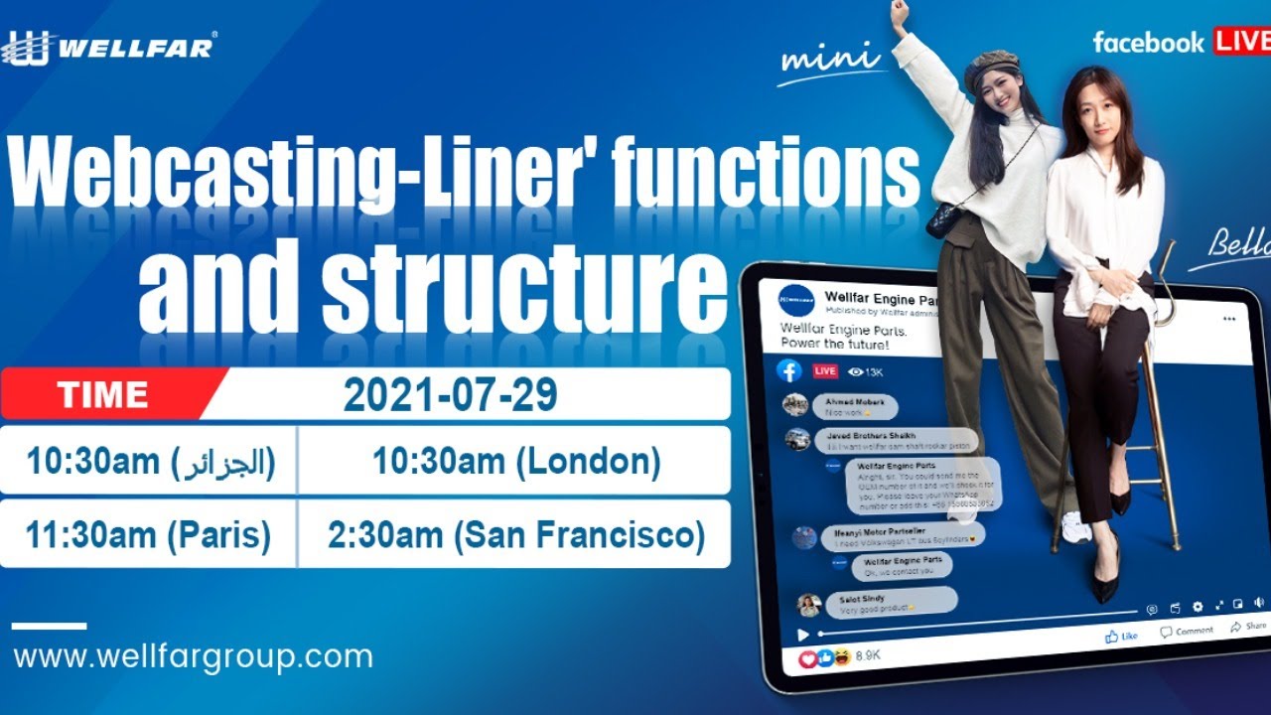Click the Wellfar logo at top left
pyautogui.click(x=109, y=47)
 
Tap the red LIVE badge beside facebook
pyautogui.click(x=1239, y=42)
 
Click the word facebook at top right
pyautogui.click(x=1148, y=43)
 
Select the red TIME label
pyautogui.click(x=103, y=394)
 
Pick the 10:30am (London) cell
pyautogui.click(x=516, y=462)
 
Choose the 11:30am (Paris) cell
pyautogui.click(x=148, y=535)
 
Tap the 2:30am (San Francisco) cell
pyautogui.click(x=516, y=535)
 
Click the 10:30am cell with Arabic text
pyautogui.click(x=150, y=462)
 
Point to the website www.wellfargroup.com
pyautogui.click(x=194, y=656)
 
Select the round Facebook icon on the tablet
pyautogui.click(x=789, y=370)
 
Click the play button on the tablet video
pyautogui.click(x=803, y=635)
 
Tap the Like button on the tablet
pyautogui.click(x=1121, y=636)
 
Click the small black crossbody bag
pyautogui.click(x=941, y=219)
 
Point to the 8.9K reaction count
pyautogui.click(x=868, y=655)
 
